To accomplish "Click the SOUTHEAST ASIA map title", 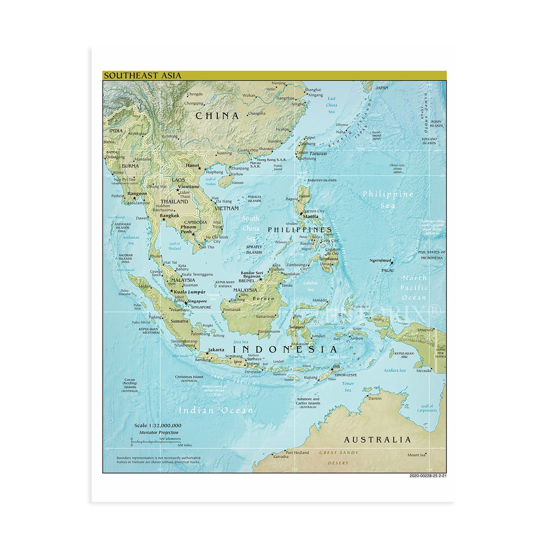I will tap(143, 75).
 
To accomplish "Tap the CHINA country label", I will tap(217, 116).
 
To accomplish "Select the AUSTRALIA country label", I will tap(377, 439).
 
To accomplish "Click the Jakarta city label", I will tap(216, 349).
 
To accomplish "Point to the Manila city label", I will tap(311, 216).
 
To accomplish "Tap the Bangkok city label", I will tap(169, 216).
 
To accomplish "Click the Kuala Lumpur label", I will tap(189, 292).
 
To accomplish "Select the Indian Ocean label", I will tap(216, 410).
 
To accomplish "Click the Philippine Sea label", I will tap(388, 199).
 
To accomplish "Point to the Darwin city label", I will tap(375, 398).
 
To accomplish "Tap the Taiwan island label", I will tap(318, 154).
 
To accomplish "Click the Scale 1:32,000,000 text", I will tap(158, 425).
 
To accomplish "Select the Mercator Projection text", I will tap(159, 432).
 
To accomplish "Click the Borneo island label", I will tap(264, 299).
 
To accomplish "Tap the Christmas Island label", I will tap(189, 377).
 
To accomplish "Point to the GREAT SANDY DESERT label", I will tap(339, 458).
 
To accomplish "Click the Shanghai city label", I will tap(313, 89).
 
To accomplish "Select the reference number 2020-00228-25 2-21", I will tap(428, 476).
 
